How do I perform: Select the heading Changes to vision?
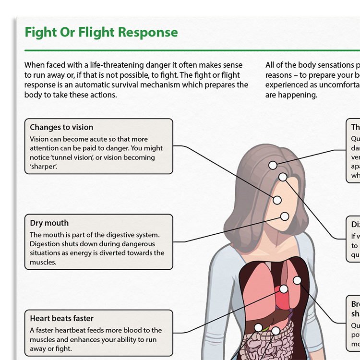coord(61,127)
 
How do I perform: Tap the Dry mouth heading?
coord(49,223)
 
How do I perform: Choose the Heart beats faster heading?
coord(61,318)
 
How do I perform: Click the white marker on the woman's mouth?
coord(285,216)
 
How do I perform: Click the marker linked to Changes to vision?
coord(277,200)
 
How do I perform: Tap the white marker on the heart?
coord(284,289)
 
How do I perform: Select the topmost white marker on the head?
coord(273,165)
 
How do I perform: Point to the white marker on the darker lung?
coord(297,280)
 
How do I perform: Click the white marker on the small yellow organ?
coord(259,327)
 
